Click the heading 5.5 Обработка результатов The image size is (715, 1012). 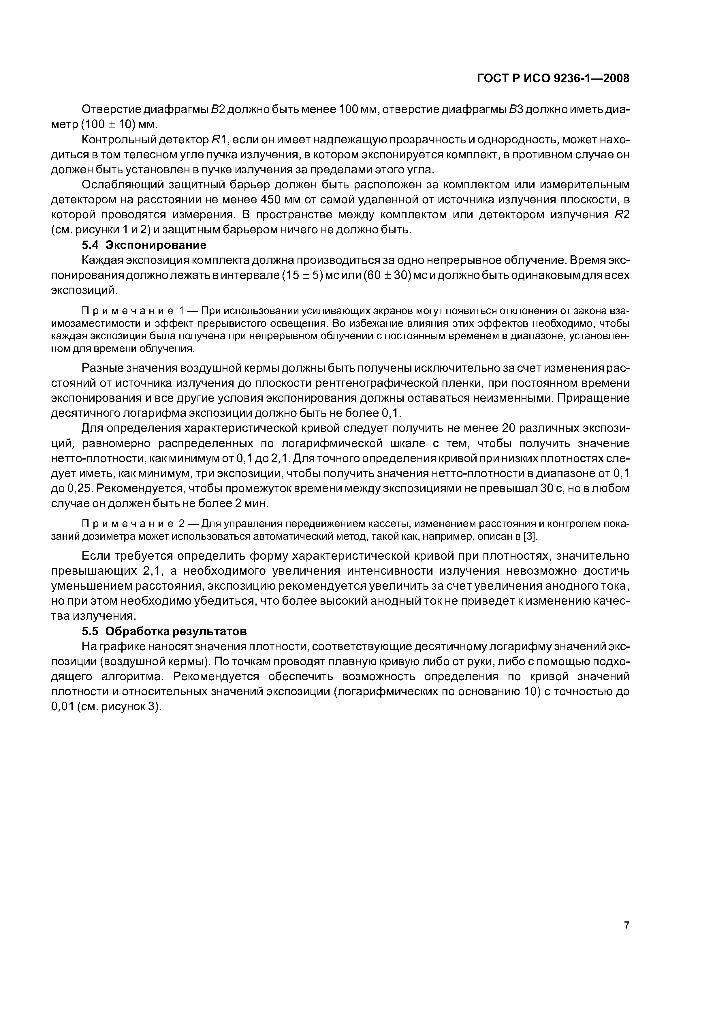point(164,631)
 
